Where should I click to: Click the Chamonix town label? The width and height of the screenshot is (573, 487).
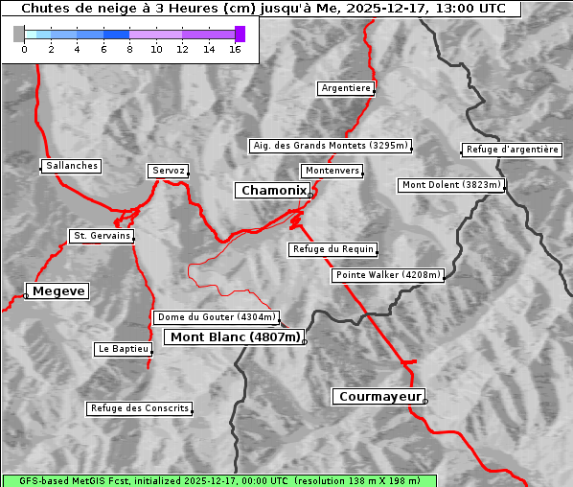(x=273, y=191)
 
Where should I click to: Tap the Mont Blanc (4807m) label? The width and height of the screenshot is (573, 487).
(x=236, y=337)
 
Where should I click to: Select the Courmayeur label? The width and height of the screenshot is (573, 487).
(x=379, y=396)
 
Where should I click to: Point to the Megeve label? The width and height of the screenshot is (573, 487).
(x=58, y=290)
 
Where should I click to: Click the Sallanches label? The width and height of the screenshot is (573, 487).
(x=71, y=166)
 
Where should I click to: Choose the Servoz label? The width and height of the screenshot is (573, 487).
(x=168, y=171)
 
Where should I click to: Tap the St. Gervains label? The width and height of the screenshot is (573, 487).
(x=102, y=236)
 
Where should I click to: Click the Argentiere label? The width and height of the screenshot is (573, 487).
(x=346, y=88)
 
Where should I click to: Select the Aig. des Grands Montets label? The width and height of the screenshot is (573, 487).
(x=331, y=146)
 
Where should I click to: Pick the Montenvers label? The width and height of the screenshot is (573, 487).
(x=332, y=171)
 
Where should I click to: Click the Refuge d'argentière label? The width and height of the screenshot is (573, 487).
(x=512, y=150)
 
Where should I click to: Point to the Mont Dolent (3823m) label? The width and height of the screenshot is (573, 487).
(x=451, y=185)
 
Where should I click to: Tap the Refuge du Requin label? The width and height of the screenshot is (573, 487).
(x=332, y=249)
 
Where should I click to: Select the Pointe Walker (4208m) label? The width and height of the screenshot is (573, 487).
(x=388, y=275)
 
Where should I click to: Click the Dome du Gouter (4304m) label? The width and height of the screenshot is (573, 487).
(x=217, y=317)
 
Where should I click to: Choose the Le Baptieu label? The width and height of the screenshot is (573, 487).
(x=123, y=349)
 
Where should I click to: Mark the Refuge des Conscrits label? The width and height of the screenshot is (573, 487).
(x=139, y=408)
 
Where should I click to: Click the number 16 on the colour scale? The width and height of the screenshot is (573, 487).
(x=235, y=49)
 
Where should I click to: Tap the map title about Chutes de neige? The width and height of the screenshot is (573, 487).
(x=263, y=9)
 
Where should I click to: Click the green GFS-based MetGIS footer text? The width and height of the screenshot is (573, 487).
(x=218, y=480)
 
